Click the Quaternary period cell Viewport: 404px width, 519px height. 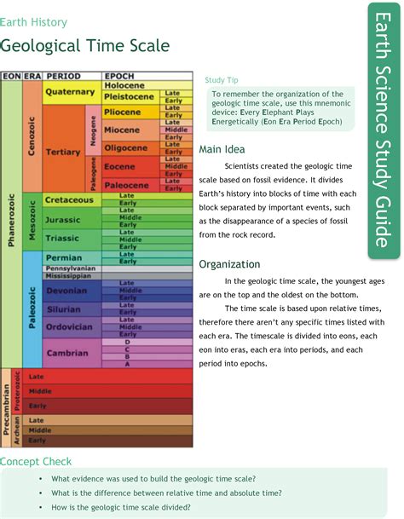pos(70,91)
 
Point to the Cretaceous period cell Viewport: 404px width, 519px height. pos(69,199)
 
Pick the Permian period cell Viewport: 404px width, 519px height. pos(65,257)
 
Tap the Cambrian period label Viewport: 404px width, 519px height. pos(65,352)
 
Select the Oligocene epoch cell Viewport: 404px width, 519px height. pos(126,147)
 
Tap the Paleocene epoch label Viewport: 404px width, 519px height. pos(126,184)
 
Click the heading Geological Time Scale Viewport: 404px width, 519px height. pos(85,45)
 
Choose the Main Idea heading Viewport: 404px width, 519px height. pos(222,150)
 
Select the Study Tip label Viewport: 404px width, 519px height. pos(220,79)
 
